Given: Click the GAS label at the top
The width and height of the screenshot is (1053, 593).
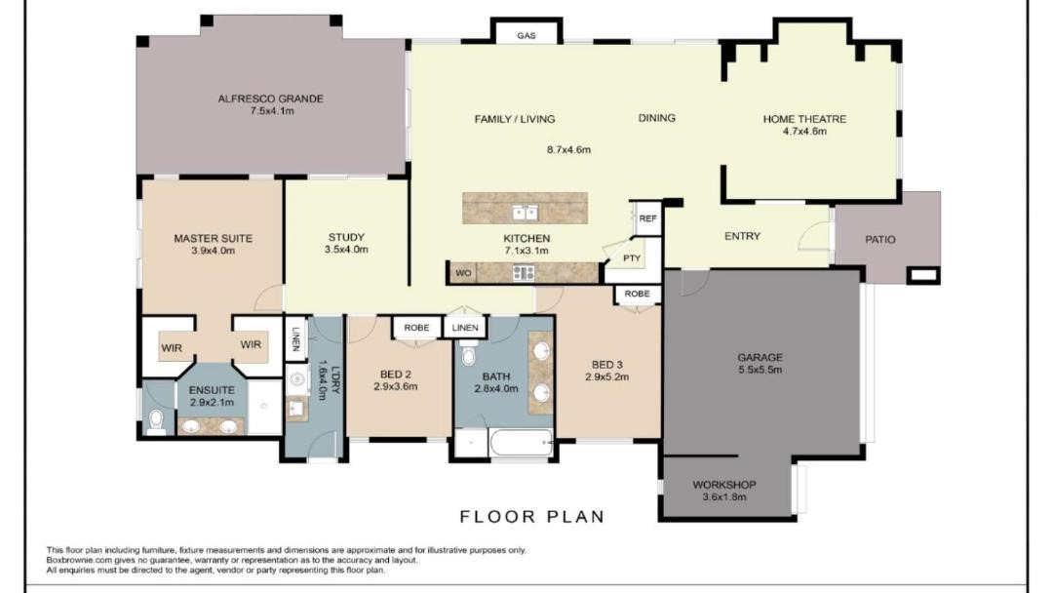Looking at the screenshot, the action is (x=526, y=35).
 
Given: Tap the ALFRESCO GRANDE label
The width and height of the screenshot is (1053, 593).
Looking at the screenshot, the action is (x=271, y=99).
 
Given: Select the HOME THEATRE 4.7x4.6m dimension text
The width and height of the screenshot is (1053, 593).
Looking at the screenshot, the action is (x=804, y=132).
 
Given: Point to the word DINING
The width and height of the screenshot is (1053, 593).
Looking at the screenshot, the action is (x=657, y=118).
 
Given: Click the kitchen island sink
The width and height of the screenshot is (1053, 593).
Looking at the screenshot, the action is (x=526, y=213).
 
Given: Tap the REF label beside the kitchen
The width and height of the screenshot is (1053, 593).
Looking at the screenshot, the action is (x=648, y=218).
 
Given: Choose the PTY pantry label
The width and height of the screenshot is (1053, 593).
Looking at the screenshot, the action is (x=632, y=257).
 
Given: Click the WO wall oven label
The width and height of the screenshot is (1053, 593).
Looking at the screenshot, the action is (x=463, y=273).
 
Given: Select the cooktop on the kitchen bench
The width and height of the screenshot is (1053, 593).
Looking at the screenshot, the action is (x=524, y=273).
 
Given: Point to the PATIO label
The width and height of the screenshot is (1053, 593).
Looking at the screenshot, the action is (x=880, y=239).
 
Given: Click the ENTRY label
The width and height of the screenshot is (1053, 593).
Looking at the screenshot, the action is (x=743, y=236).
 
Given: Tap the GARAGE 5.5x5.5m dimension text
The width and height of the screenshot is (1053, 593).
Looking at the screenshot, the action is (x=760, y=370).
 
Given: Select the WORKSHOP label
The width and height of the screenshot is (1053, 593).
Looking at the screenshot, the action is (x=724, y=485).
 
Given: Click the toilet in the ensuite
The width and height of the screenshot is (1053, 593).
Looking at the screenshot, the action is (x=156, y=422).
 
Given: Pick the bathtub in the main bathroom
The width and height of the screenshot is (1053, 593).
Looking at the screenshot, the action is (x=521, y=443).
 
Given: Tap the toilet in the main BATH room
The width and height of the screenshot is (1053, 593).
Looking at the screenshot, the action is (x=469, y=354).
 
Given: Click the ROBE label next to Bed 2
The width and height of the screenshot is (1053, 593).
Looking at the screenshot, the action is (x=416, y=328).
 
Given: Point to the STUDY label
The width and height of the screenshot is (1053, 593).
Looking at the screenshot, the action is (x=346, y=237).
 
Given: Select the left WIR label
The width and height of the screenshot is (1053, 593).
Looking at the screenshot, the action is (x=172, y=348).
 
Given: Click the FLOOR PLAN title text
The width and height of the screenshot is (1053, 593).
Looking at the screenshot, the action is (x=532, y=517).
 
